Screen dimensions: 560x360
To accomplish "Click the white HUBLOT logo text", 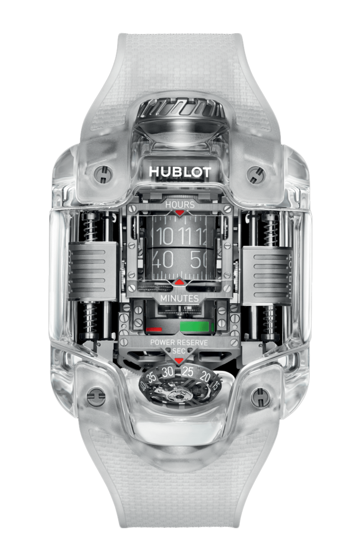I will (180, 172).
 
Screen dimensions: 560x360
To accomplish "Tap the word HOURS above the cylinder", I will (180, 204).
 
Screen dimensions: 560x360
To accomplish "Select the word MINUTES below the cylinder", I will (180, 298).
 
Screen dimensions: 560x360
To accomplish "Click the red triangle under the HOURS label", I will (180, 212).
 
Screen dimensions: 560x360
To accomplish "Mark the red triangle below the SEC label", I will (179, 361).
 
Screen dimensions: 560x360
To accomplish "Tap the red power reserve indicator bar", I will (154, 329).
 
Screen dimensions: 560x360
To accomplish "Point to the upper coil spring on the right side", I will (271, 230).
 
